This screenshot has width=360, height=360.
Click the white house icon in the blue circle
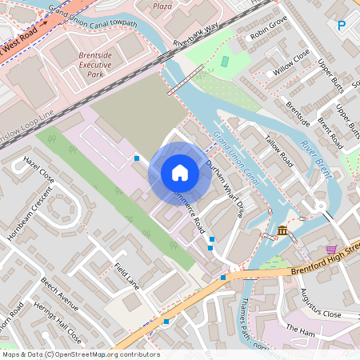point(180,173)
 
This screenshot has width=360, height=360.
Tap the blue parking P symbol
point(342,26)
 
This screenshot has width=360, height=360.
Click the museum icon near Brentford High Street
point(283,231)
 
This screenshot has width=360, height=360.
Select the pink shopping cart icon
point(331,250)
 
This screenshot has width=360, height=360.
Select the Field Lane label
point(126,275)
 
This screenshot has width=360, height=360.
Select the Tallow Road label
point(280,152)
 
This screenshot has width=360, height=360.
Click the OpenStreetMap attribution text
point(80,354)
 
